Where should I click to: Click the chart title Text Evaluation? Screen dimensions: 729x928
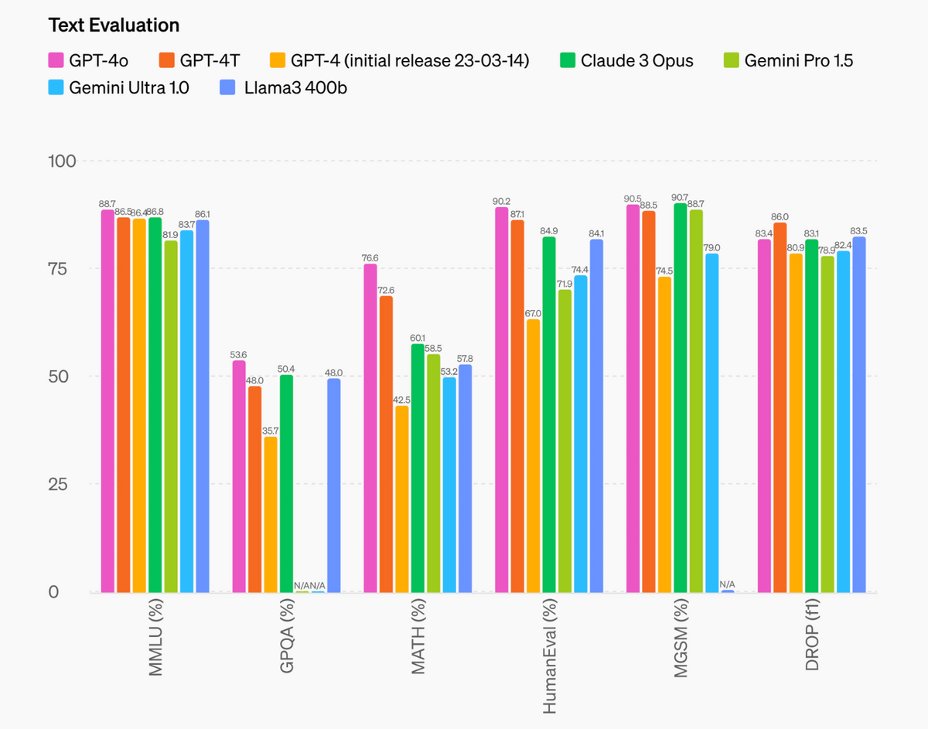pos(114,25)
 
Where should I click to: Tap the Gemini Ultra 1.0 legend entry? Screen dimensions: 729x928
pos(118,87)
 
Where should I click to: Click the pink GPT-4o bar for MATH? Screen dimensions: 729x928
pos(370,428)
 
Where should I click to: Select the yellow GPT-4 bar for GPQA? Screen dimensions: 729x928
pos(271,514)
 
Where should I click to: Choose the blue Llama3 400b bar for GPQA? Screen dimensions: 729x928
pos(333,485)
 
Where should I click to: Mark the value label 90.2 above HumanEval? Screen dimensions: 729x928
pos(501,202)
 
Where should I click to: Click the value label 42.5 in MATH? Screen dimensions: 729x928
pos(402,400)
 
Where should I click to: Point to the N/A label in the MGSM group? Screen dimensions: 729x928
pos(728,584)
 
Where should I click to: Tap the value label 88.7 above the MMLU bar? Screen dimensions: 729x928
pos(107,204)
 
